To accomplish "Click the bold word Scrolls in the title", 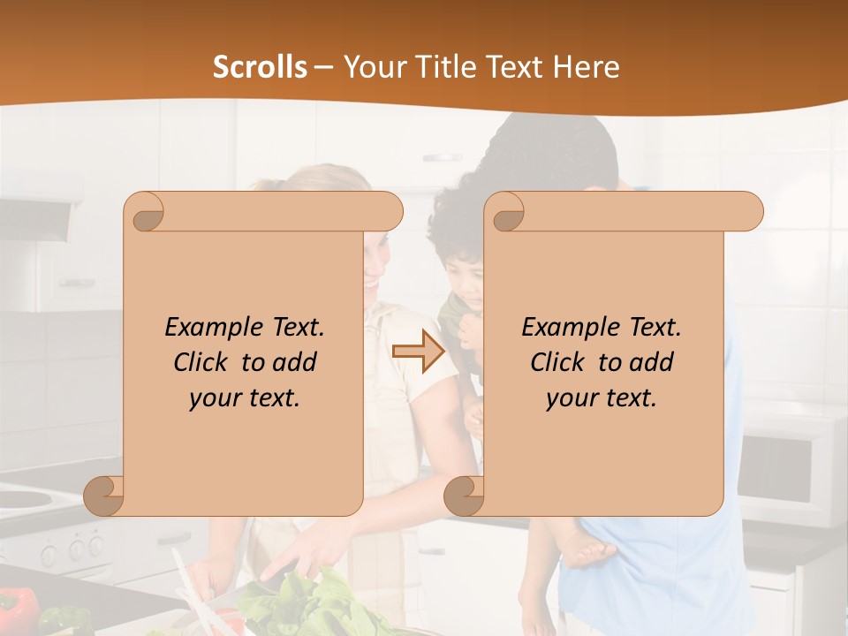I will [260, 67].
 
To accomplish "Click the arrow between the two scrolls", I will [419, 352].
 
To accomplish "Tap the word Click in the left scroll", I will [203, 362].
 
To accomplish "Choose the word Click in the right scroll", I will [560, 362].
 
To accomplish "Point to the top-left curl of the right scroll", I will [506, 212].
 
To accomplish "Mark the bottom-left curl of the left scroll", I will [104, 496].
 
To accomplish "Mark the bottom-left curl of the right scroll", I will [463, 496].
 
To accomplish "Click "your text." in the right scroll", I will [601, 397].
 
